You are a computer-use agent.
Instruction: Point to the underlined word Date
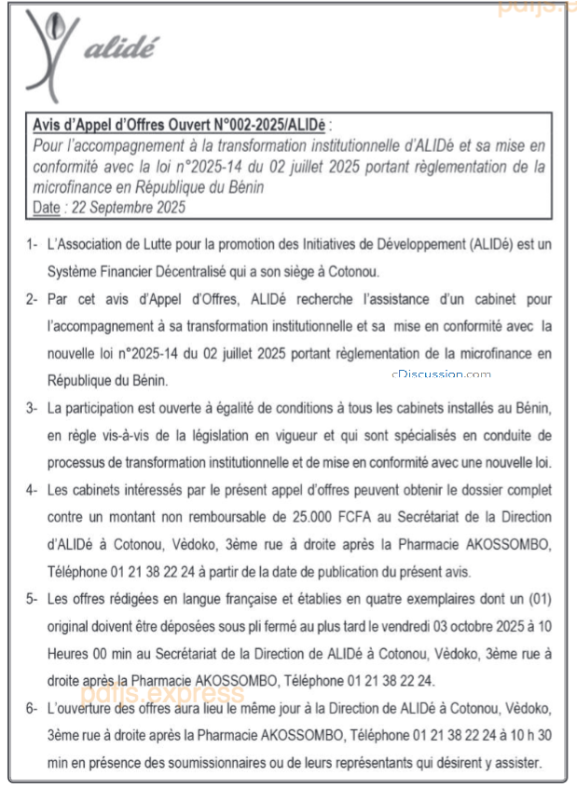coord(46,208)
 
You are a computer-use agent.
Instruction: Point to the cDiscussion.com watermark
coord(441,374)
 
